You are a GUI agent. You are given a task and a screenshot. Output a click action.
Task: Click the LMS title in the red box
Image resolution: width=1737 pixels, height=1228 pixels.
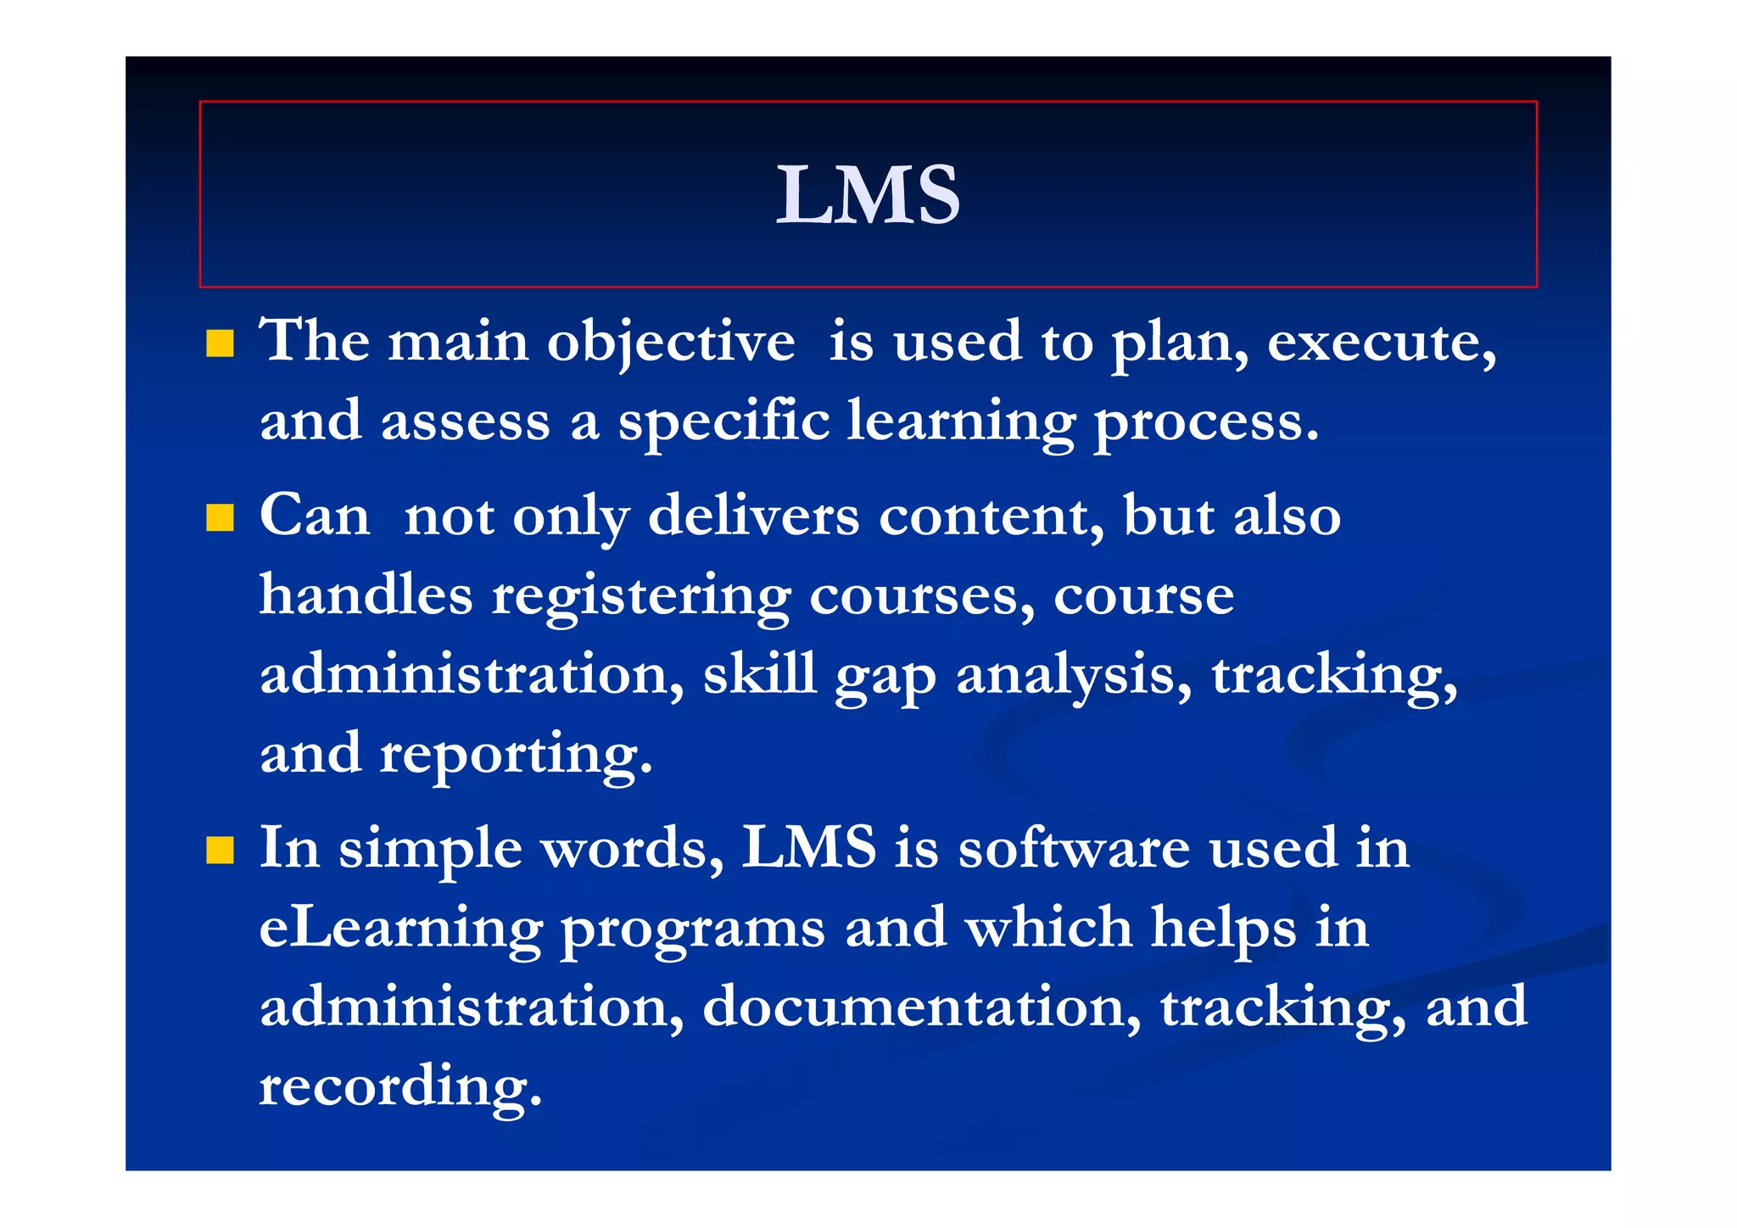pyautogui.click(x=868, y=195)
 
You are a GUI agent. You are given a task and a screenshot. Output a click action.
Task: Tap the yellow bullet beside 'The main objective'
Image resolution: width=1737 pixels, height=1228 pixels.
pyautogui.click(x=220, y=343)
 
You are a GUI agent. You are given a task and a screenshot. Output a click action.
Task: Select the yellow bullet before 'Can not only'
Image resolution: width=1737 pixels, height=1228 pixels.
pyautogui.click(x=220, y=517)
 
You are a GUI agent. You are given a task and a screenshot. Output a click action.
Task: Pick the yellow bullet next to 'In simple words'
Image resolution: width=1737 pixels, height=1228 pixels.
pyautogui.click(x=220, y=850)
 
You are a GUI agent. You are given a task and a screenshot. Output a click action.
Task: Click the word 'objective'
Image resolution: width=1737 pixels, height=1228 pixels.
pyautogui.click(x=671, y=343)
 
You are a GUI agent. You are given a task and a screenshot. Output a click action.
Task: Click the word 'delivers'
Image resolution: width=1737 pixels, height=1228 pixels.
pyautogui.click(x=753, y=516)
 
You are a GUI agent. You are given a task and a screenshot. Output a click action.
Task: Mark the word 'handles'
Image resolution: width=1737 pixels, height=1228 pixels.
pyautogui.click(x=366, y=594)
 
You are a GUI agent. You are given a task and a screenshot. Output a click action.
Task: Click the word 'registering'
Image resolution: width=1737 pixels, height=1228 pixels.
pyautogui.click(x=641, y=596)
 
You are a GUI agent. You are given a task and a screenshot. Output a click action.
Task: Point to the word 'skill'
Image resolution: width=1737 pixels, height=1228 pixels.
pyautogui.click(x=759, y=673)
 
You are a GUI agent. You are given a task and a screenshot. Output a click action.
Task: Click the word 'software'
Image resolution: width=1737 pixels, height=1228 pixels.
pyautogui.click(x=1074, y=848)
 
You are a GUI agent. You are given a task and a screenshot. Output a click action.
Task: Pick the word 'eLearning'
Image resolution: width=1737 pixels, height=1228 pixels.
pyautogui.click(x=400, y=928)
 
